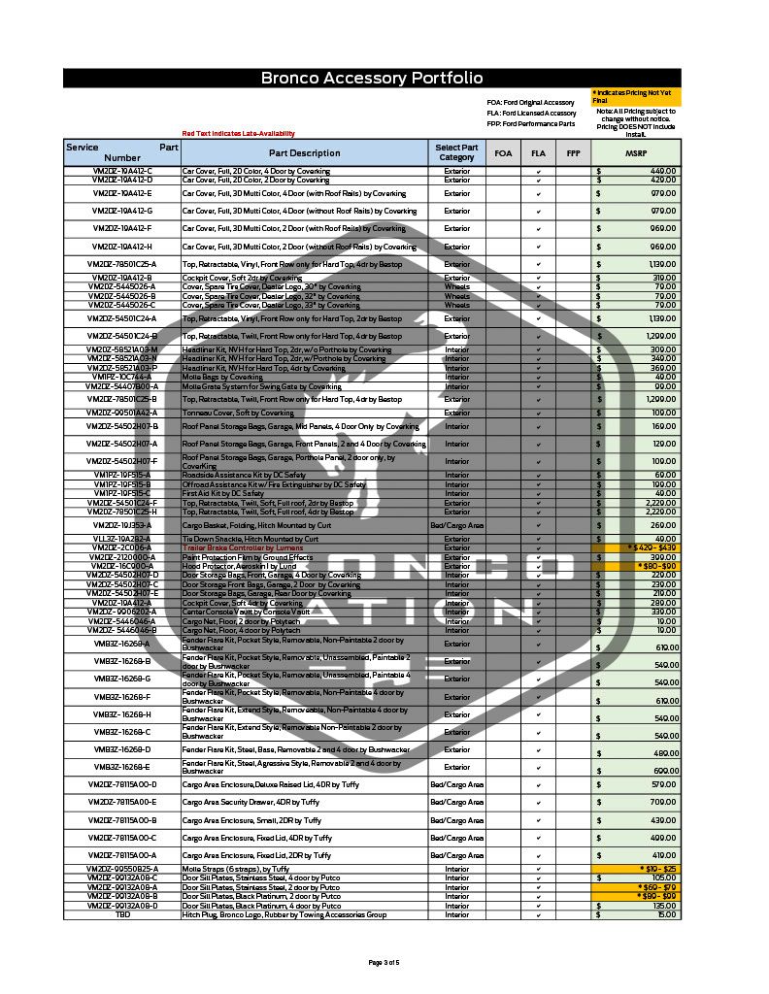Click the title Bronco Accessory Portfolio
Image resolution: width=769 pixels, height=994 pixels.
pyautogui.click(x=372, y=79)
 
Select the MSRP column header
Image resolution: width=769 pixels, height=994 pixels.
pyautogui.click(x=635, y=153)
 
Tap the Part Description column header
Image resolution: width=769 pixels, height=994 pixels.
pyautogui.click(x=305, y=153)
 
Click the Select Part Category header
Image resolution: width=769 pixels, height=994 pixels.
pyautogui.click(x=456, y=153)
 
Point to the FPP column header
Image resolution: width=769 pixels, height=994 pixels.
pyautogui.click(x=573, y=153)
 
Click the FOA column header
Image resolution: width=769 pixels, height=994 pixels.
pyautogui.click(x=503, y=153)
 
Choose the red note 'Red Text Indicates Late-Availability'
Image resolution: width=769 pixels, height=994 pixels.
pyautogui.click(x=238, y=134)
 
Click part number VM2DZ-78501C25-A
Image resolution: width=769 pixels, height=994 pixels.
pyautogui.click(x=123, y=264)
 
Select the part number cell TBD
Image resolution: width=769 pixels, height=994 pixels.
pyautogui.click(x=123, y=914)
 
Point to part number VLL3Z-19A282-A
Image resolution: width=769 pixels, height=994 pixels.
pyautogui.click(x=123, y=539)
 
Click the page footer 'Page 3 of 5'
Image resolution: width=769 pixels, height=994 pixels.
pyautogui.click(x=384, y=962)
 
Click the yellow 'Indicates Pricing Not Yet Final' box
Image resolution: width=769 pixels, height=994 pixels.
pyautogui.click(x=636, y=95)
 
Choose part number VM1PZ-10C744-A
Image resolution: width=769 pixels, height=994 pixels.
pyautogui.click(x=123, y=377)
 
